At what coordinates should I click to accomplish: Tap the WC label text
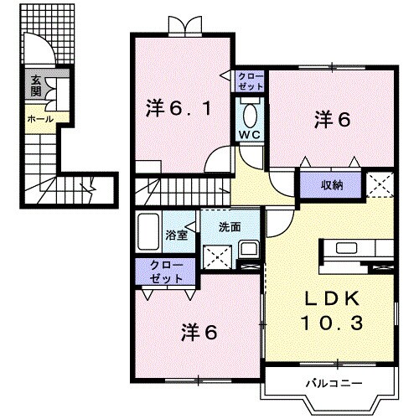pos(251,135)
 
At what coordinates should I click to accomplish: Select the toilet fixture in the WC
pos(251,113)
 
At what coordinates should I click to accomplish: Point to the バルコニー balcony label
pos(333,383)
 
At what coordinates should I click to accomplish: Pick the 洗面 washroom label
pos(230,226)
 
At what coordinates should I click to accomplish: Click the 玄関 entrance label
pos(36,85)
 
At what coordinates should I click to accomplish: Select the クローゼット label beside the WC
pos(251,81)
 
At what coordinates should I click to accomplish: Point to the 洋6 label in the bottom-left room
pos(199,332)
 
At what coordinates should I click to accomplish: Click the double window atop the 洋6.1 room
pos(182,26)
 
